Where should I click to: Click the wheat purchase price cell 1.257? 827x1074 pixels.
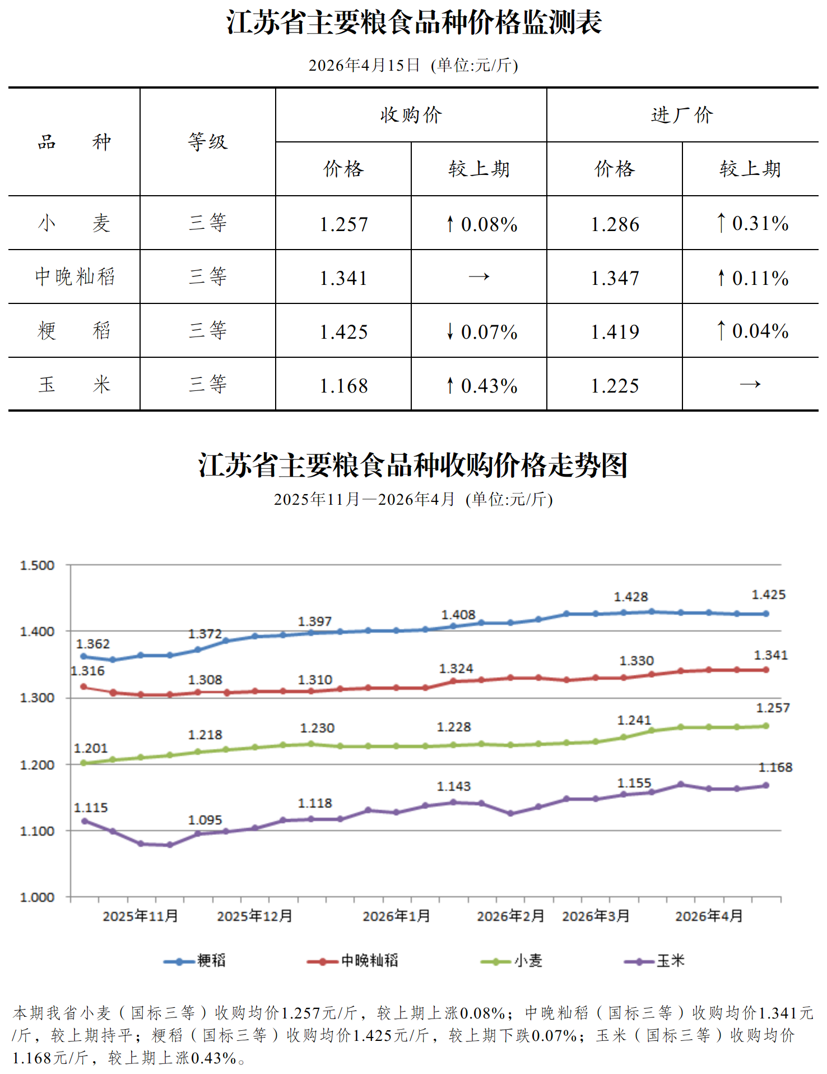click(x=343, y=224)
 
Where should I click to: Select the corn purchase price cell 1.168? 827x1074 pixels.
click(x=343, y=386)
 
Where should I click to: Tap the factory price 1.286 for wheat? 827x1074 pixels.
click(x=615, y=224)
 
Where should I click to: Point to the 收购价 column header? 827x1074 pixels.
click(x=411, y=115)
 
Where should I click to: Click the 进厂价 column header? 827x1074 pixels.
click(x=682, y=115)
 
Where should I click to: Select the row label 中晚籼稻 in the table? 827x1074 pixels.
click(x=75, y=276)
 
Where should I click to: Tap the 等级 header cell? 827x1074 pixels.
click(x=208, y=142)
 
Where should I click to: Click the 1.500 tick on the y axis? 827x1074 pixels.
click(x=38, y=565)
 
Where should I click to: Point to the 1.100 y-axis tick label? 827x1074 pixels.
click(x=38, y=831)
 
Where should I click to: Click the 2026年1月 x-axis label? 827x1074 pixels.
click(x=396, y=916)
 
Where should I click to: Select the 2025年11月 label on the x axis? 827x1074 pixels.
click(x=140, y=916)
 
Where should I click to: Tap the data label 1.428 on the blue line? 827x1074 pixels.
click(x=630, y=597)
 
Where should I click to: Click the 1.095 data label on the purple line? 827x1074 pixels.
click(x=205, y=820)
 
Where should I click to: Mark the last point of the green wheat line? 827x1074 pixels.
click(x=766, y=726)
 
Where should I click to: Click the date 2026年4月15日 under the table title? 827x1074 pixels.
click(x=364, y=66)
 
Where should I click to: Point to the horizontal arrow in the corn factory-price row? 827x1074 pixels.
click(x=750, y=385)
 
